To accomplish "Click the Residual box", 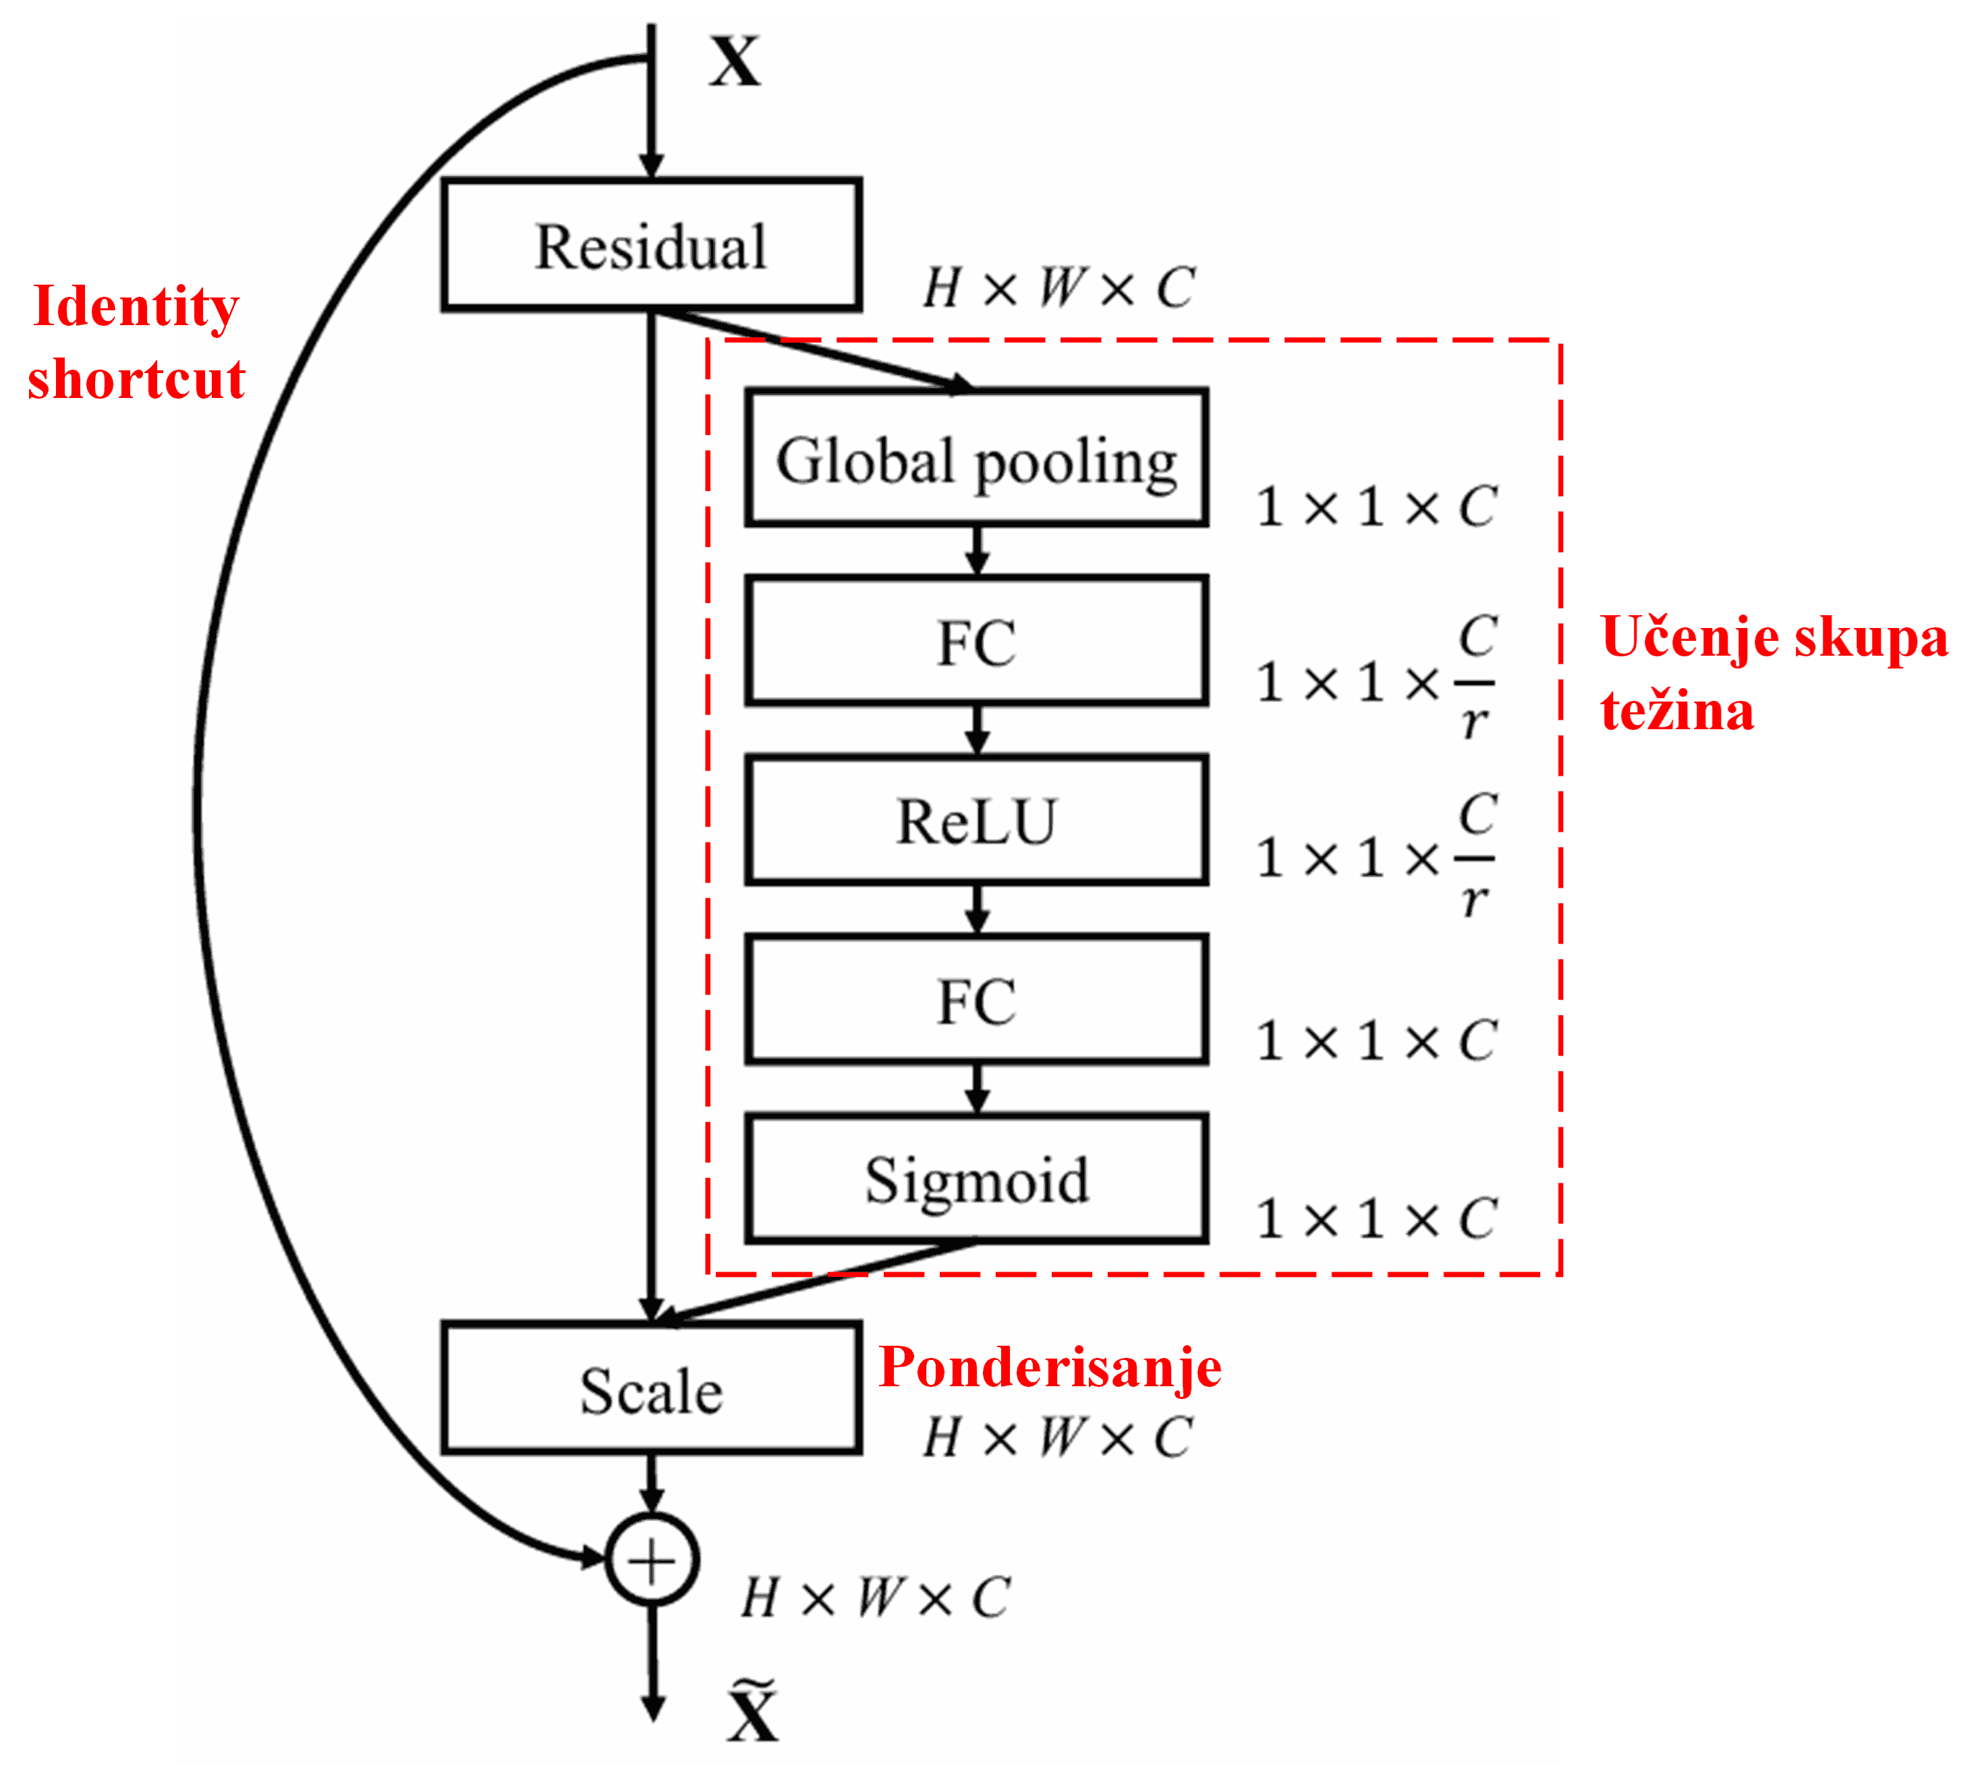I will [651, 246].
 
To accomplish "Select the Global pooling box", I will [976, 459].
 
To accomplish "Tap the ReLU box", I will [976, 821].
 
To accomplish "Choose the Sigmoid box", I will [976, 1179].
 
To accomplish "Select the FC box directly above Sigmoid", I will [976, 1000].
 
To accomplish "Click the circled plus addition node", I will [652, 1560].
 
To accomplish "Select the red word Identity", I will [136, 307].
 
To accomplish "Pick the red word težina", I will [1677, 711].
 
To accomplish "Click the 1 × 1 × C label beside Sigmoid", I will [1376, 1219].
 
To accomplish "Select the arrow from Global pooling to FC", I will [978, 551].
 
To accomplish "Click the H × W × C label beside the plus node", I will [876, 1598].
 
